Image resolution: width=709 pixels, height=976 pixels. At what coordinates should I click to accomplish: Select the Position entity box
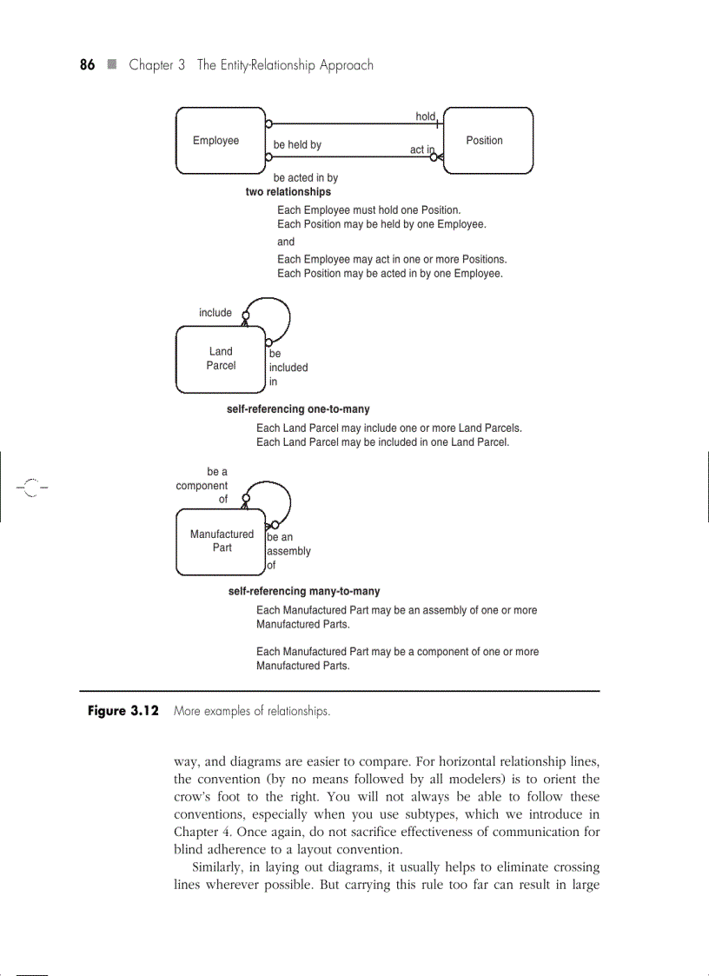tap(487, 141)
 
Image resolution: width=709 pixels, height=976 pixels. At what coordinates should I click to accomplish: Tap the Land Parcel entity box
tap(220, 359)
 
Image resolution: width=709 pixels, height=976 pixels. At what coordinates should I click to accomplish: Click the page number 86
tap(87, 65)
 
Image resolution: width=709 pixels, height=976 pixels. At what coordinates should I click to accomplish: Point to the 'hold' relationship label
tap(425, 116)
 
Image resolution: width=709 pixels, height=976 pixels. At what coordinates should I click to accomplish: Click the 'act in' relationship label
tap(421, 149)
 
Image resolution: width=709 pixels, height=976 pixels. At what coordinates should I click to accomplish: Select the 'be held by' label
tap(297, 145)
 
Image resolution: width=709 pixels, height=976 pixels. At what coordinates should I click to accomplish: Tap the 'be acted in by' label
tap(305, 178)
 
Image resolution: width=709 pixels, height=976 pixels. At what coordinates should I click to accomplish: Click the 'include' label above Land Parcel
tap(215, 313)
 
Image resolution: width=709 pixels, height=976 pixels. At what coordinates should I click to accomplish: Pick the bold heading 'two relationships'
tap(288, 192)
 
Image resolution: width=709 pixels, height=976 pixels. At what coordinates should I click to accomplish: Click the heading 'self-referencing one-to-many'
tap(298, 409)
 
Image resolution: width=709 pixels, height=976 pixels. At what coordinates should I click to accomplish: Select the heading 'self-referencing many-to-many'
tap(303, 592)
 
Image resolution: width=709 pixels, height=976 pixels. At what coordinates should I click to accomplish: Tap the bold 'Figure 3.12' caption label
tap(123, 711)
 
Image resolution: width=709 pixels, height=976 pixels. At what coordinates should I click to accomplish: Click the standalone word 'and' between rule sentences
tap(286, 242)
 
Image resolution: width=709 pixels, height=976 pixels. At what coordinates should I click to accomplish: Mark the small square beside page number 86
tap(111, 65)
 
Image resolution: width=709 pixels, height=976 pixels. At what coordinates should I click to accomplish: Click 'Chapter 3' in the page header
tap(157, 65)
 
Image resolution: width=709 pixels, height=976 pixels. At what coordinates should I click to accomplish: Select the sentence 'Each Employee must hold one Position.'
tap(368, 210)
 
